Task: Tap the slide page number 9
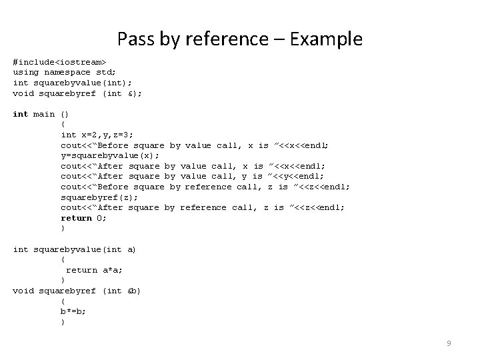(449, 343)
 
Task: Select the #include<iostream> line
(60, 61)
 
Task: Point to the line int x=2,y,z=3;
(97, 135)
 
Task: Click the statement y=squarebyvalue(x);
(110, 155)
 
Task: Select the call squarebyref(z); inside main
(99, 197)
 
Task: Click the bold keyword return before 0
(76, 218)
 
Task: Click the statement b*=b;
(73, 311)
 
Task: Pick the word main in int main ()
(44, 114)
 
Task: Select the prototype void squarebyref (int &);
(77, 93)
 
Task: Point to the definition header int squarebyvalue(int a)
(75, 249)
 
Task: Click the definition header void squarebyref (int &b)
(77, 291)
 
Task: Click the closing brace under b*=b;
(63, 322)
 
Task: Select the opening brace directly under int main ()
(63, 124)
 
